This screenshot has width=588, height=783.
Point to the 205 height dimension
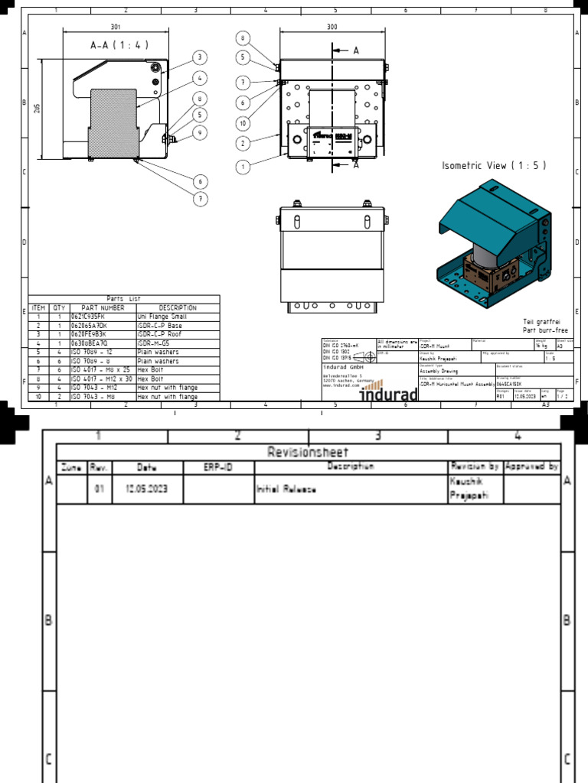37,108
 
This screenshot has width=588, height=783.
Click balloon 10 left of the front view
243,123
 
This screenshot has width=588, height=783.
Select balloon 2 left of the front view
243,143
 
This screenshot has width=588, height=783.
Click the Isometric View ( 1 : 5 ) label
495,166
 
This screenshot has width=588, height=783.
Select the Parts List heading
124,299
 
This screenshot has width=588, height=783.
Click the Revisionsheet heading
309,452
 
